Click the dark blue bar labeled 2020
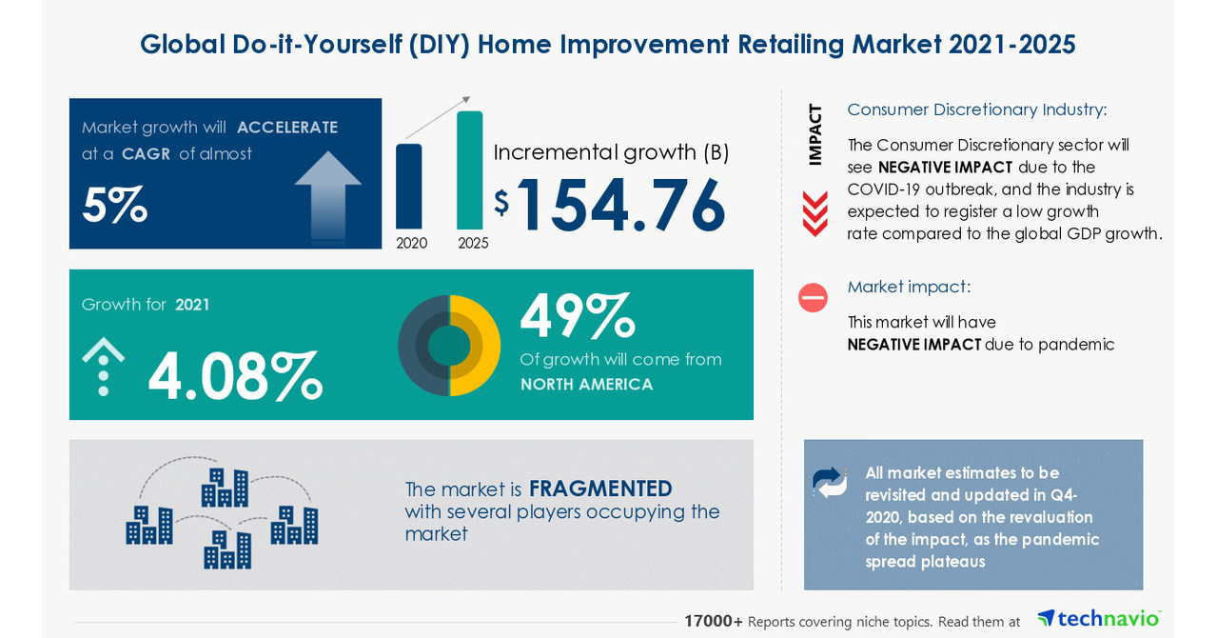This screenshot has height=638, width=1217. coord(408,186)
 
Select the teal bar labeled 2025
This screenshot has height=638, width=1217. coord(469,169)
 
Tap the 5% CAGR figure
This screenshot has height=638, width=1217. coord(114,205)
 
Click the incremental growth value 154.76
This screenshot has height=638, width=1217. coord(620,205)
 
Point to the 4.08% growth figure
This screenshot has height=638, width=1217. coord(235,377)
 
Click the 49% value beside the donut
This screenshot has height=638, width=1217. coord(577,316)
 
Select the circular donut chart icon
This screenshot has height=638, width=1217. coord(449,345)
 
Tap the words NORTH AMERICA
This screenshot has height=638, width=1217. coord(586,385)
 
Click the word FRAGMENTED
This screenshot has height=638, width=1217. coord(600,488)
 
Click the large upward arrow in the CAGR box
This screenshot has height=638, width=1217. coord(327,195)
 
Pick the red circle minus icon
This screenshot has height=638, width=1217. coord(813,298)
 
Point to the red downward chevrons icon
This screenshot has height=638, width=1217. coord(815,213)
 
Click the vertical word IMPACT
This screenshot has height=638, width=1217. coord(815,134)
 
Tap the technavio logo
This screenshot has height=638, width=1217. coord(1099,618)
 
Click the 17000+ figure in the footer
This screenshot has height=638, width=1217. coord(713,621)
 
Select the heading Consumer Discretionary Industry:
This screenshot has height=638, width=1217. coord(976,110)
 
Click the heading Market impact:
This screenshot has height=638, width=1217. coord(909,287)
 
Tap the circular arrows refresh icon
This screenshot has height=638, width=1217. coord(830,482)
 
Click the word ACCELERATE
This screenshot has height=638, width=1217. coord(286,128)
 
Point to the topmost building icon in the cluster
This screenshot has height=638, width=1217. coord(225,487)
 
